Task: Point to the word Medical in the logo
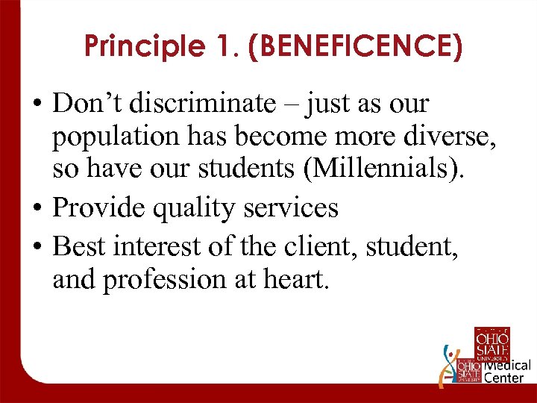click(x=508, y=366)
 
